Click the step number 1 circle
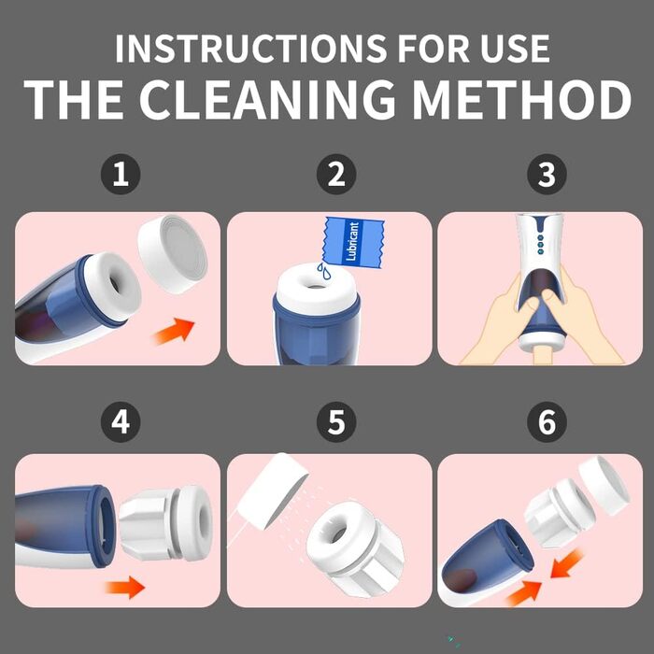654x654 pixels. [x=121, y=174]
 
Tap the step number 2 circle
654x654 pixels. [x=336, y=174]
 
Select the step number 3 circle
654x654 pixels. [x=547, y=174]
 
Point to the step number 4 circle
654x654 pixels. [x=121, y=421]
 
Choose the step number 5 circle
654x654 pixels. [x=336, y=421]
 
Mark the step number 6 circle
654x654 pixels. [x=547, y=421]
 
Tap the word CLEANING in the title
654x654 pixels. [x=267, y=99]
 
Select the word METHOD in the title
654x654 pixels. [x=521, y=99]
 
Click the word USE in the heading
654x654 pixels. [x=515, y=49]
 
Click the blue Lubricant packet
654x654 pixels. [x=353, y=242]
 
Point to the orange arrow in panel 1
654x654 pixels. [x=175, y=331]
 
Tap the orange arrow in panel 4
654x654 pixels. [x=125, y=588]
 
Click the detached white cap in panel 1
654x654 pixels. [x=173, y=254]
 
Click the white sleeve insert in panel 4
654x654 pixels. [x=165, y=523]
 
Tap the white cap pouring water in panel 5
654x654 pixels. [x=273, y=491]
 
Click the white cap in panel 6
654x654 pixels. [x=604, y=485]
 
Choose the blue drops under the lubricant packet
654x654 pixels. [x=323, y=271]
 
